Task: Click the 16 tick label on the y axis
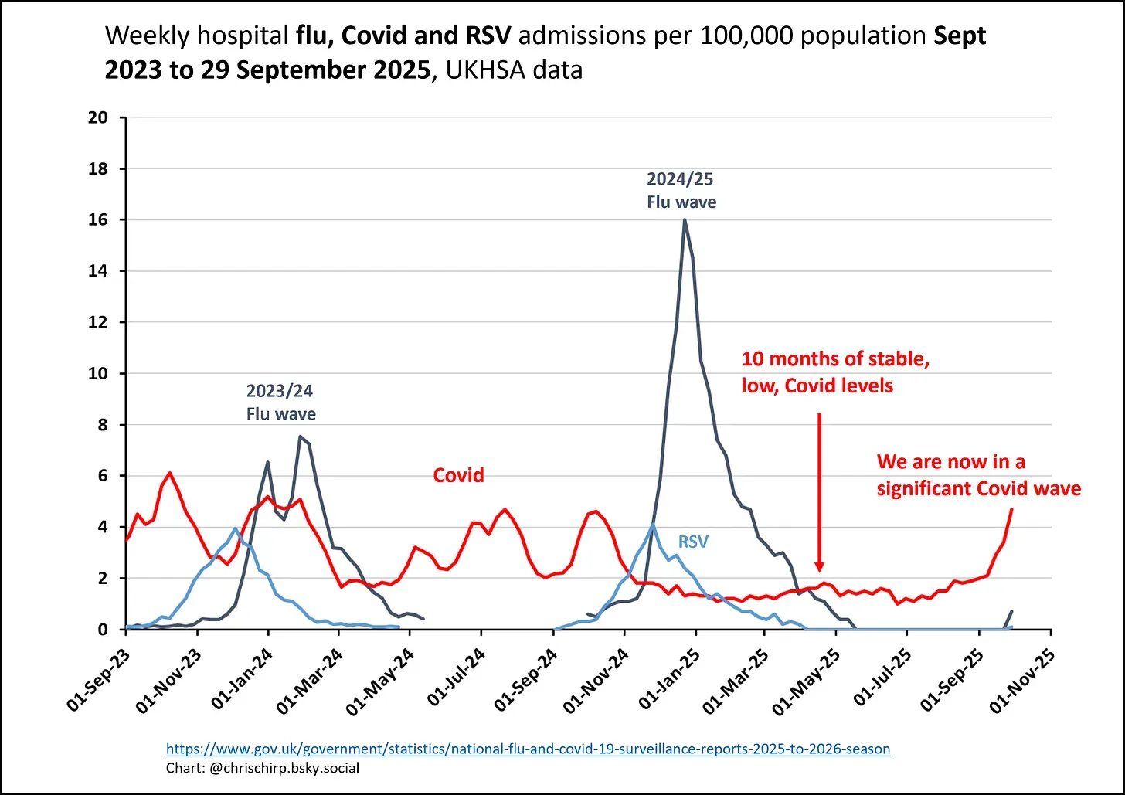pyautogui.click(x=97, y=220)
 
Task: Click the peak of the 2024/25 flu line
pyautogui.click(x=685, y=220)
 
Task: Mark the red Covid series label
pyautogui.click(x=458, y=474)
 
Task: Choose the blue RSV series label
pyautogui.click(x=693, y=542)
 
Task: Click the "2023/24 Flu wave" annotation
pyautogui.click(x=280, y=402)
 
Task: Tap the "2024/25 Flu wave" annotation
pyautogui.click(x=681, y=190)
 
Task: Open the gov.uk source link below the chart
pyautogui.click(x=528, y=749)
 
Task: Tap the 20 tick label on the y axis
pyautogui.click(x=97, y=118)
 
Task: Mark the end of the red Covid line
pyautogui.click(x=1011, y=509)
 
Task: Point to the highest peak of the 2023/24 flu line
pyautogui.click(x=300, y=437)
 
